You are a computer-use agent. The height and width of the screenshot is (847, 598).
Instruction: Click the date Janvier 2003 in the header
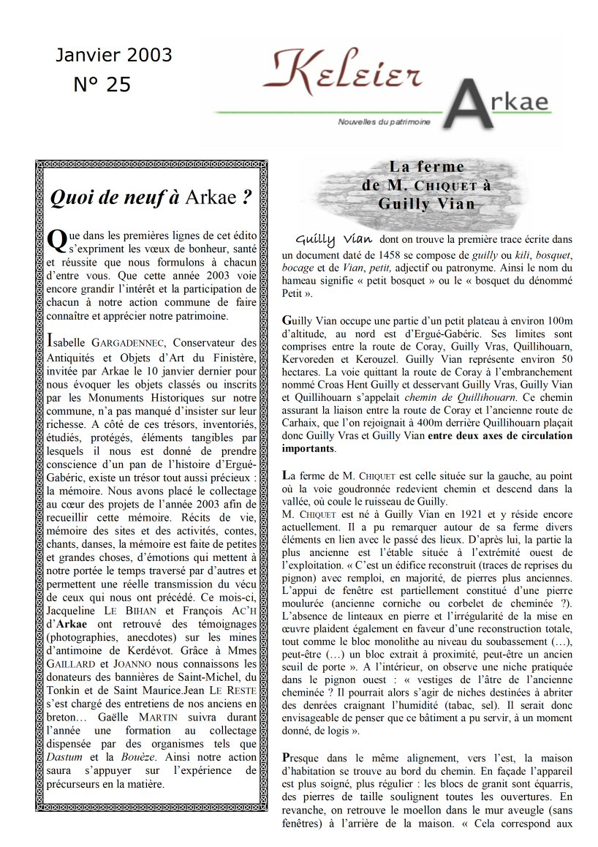pos(114,56)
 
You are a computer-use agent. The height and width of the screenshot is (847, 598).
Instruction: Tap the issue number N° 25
pos(102,85)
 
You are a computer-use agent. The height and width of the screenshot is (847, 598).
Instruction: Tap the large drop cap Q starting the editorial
pos(56,240)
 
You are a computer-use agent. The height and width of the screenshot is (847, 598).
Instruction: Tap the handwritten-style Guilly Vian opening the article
pos(334,239)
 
